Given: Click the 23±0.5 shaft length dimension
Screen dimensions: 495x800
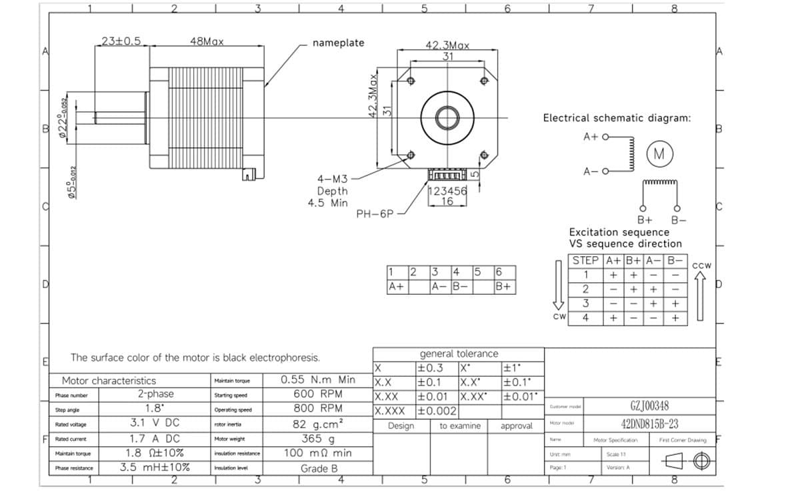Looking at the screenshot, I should coord(121,41).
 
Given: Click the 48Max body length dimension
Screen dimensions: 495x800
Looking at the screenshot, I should coord(207,41).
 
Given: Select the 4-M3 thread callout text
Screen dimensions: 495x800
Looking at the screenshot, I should coord(332,179).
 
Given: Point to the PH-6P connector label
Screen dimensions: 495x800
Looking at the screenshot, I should coord(375,214).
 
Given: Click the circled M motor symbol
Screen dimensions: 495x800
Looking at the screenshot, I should coord(659,154).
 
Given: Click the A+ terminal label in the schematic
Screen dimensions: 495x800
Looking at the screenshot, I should coord(591,136).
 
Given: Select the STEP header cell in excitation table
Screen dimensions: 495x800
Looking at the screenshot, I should coord(586,260).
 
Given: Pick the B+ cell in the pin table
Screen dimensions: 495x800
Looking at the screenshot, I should coord(505,286).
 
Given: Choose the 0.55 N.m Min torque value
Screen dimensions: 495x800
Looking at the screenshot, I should coord(318,380).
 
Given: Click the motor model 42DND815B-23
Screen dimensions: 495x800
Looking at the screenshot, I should coord(649,424).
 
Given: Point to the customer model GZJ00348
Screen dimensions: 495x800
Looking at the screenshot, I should coord(649,406).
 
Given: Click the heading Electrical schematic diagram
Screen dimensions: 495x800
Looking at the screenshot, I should coord(617,118).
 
